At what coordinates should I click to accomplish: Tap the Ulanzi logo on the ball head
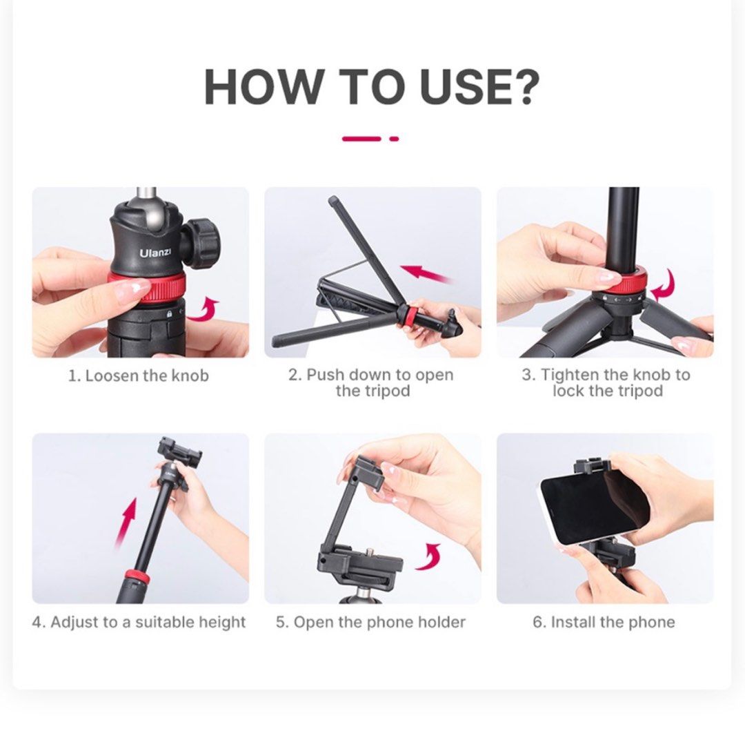(x=155, y=253)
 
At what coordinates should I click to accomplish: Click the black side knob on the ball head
(x=202, y=242)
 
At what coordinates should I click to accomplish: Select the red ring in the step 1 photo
(x=146, y=286)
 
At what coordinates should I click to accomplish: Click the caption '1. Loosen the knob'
(x=138, y=376)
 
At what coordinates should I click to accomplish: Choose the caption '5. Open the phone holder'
(x=371, y=622)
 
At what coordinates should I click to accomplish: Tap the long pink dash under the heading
(x=361, y=139)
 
